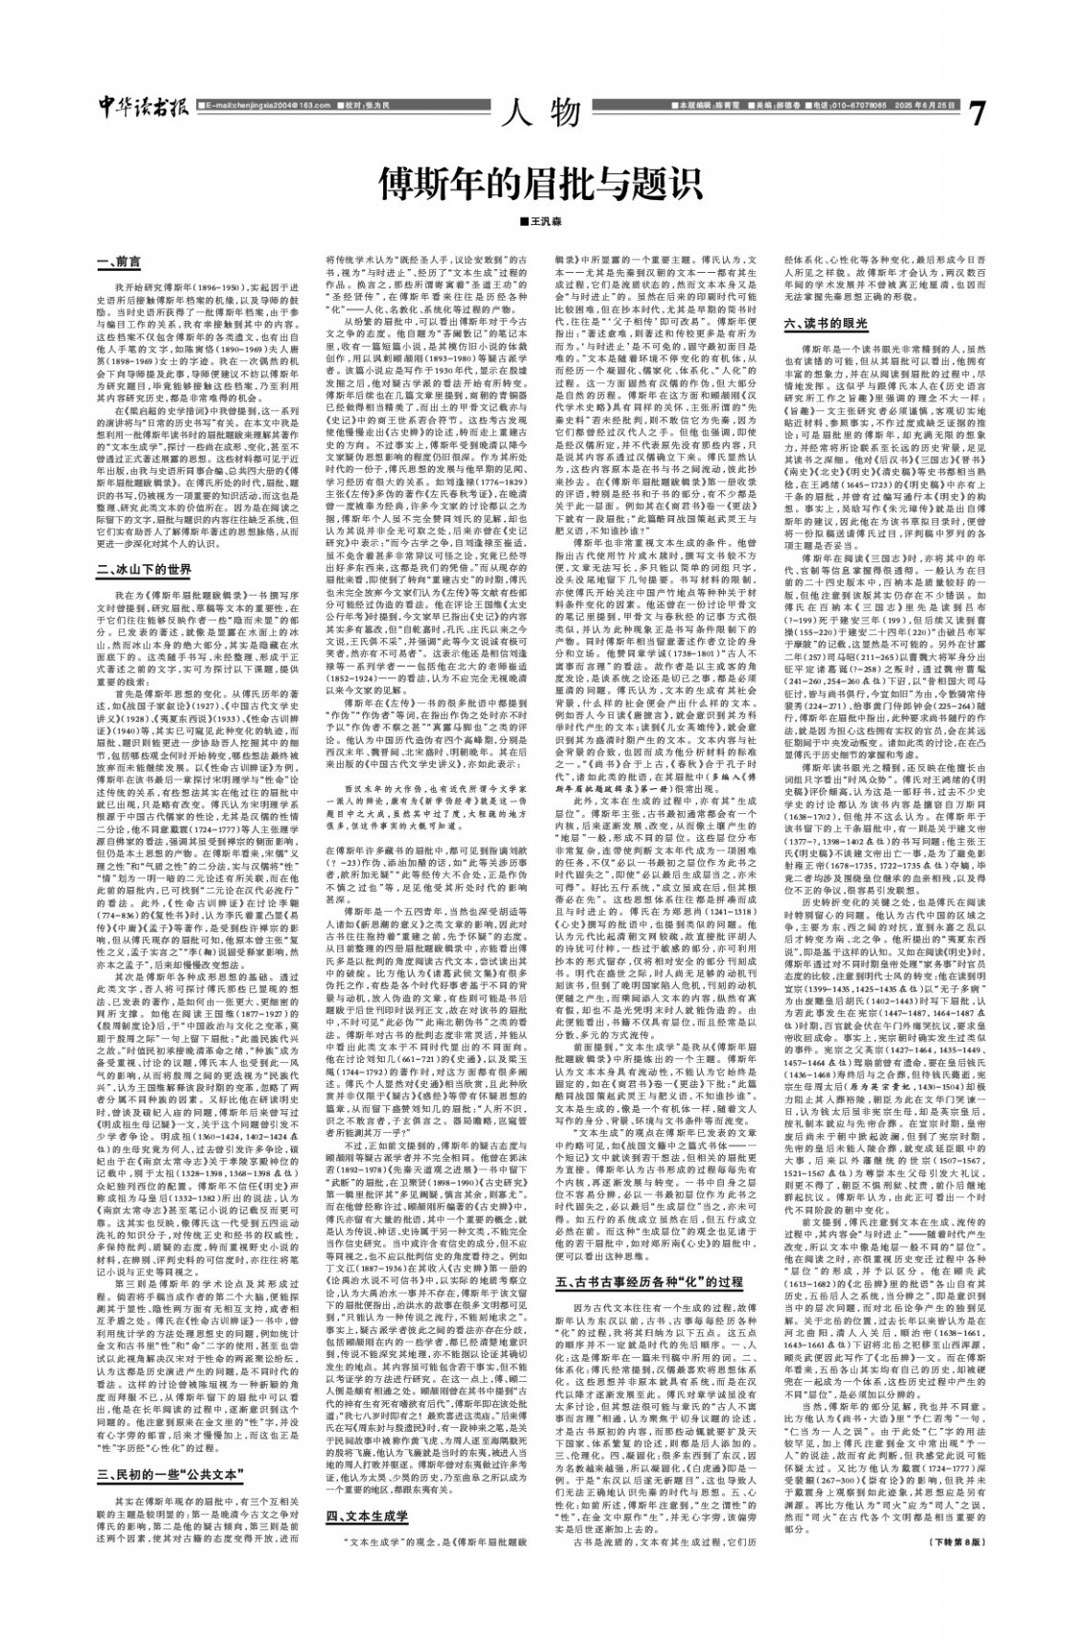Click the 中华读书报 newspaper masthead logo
[143, 107]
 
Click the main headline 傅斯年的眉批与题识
[541, 181]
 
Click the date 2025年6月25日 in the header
[923, 104]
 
